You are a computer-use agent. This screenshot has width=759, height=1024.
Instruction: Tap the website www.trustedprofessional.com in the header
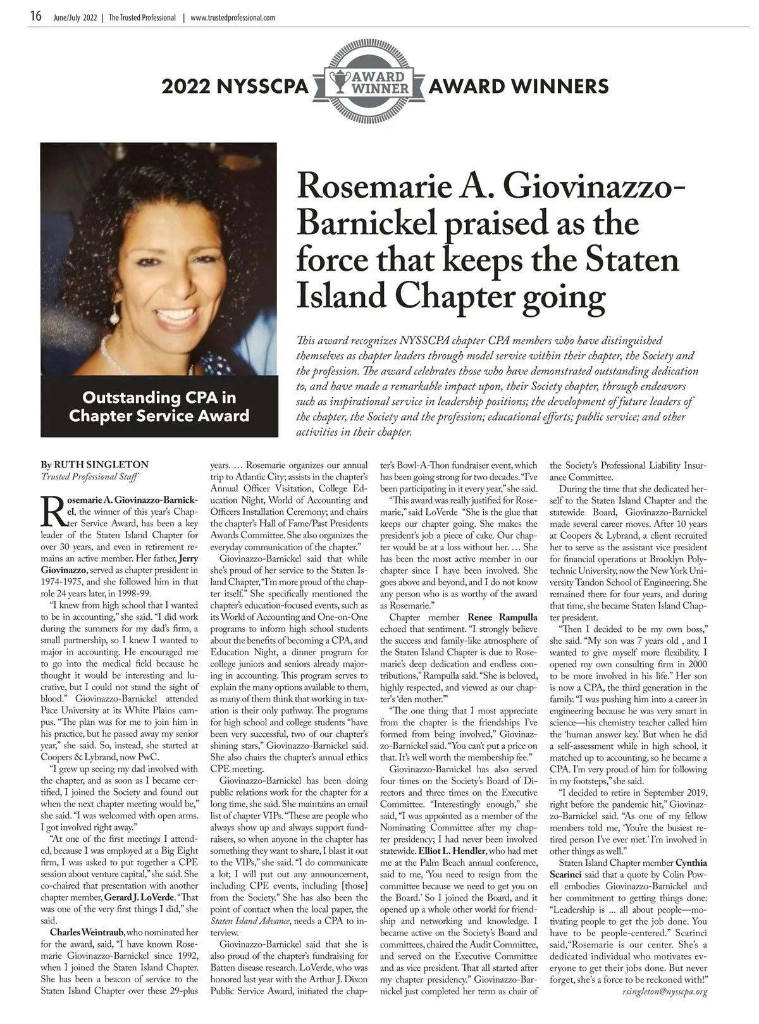click(x=232, y=18)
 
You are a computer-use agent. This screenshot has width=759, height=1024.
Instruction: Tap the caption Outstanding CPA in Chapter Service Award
click(x=159, y=407)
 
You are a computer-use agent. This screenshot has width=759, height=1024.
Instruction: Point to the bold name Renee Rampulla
click(x=502, y=617)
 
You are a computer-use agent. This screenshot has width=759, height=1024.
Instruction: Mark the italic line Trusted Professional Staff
click(x=89, y=476)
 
